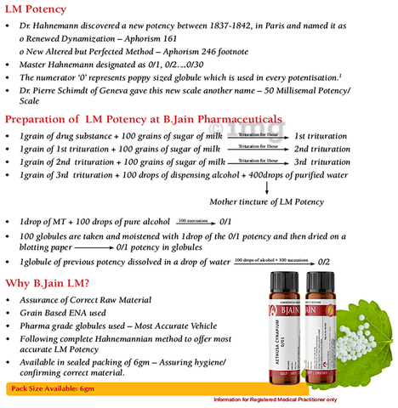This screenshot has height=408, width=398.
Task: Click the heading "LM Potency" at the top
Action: coord(37,10)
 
